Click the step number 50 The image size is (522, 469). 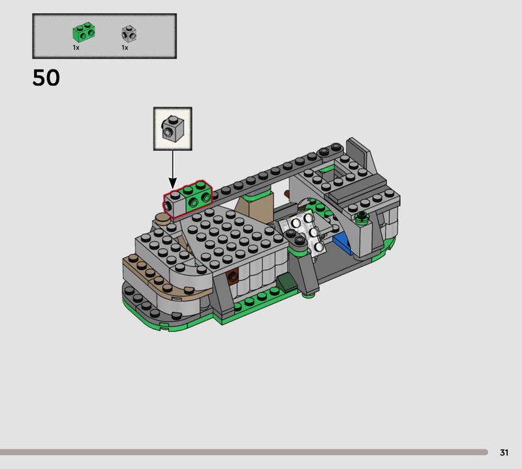(x=46, y=78)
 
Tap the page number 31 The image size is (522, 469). (x=504, y=452)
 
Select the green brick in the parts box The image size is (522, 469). (x=84, y=32)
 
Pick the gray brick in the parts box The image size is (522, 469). (x=129, y=33)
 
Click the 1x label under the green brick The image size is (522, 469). (x=76, y=48)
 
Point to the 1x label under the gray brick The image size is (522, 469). (x=125, y=48)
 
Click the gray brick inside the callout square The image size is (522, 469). (x=172, y=127)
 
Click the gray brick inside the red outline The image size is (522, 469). (x=174, y=204)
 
